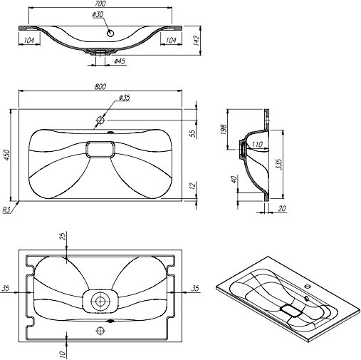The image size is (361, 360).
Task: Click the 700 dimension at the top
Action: [100, 4]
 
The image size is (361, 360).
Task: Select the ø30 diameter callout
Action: [98, 14]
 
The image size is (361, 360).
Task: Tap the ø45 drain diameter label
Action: [120, 61]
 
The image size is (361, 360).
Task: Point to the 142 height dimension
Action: [196, 41]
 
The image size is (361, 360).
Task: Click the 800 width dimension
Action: [100, 87]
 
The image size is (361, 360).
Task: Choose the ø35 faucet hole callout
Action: [125, 98]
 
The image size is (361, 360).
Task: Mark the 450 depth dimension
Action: [7, 155]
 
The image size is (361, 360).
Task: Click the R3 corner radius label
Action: [6, 210]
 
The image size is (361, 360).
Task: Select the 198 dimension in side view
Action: [224, 129]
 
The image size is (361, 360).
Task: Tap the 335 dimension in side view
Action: [279, 164]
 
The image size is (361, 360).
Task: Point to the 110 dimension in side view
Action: [257, 144]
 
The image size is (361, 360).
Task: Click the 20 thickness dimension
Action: [281, 208]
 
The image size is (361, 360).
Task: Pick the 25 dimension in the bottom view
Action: [63, 236]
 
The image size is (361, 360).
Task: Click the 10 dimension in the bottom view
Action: [63, 354]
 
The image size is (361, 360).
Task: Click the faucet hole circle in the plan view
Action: [100, 120]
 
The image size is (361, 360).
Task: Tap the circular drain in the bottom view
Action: [100, 302]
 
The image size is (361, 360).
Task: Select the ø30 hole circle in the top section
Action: [110, 34]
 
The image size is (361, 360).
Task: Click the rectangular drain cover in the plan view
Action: [100, 149]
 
